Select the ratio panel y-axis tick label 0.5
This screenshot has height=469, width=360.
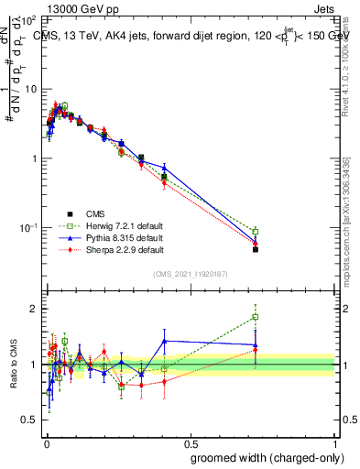click(28, 420)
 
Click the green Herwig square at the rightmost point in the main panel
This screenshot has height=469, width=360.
click(256, 231)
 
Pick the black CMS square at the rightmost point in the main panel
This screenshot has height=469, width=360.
click(256, 249)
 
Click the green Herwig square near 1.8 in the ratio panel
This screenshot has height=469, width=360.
click(256, 317)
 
